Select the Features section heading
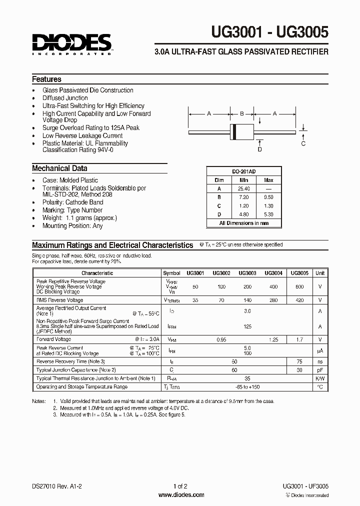[x=46, y=79]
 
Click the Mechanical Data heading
[x=59, y=168]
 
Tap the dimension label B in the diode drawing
[x=241, y=113]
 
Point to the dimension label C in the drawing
[x=303, y=143]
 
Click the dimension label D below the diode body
[x=259, y=148]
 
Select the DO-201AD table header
[x=243, y=171]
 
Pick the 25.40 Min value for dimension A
[x=243, y=188]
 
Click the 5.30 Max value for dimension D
[x=268, y=214]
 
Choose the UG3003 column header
[x=247, y=273]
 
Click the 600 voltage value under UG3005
[x=299, y=286]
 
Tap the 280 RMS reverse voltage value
[x=273, y=300]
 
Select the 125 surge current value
[x=247, y=326]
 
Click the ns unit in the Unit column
[x=320, y=361]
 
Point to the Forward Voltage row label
[x=54, y=339]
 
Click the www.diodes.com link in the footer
[x=180, y=495]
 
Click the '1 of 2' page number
[x=180, y=485]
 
